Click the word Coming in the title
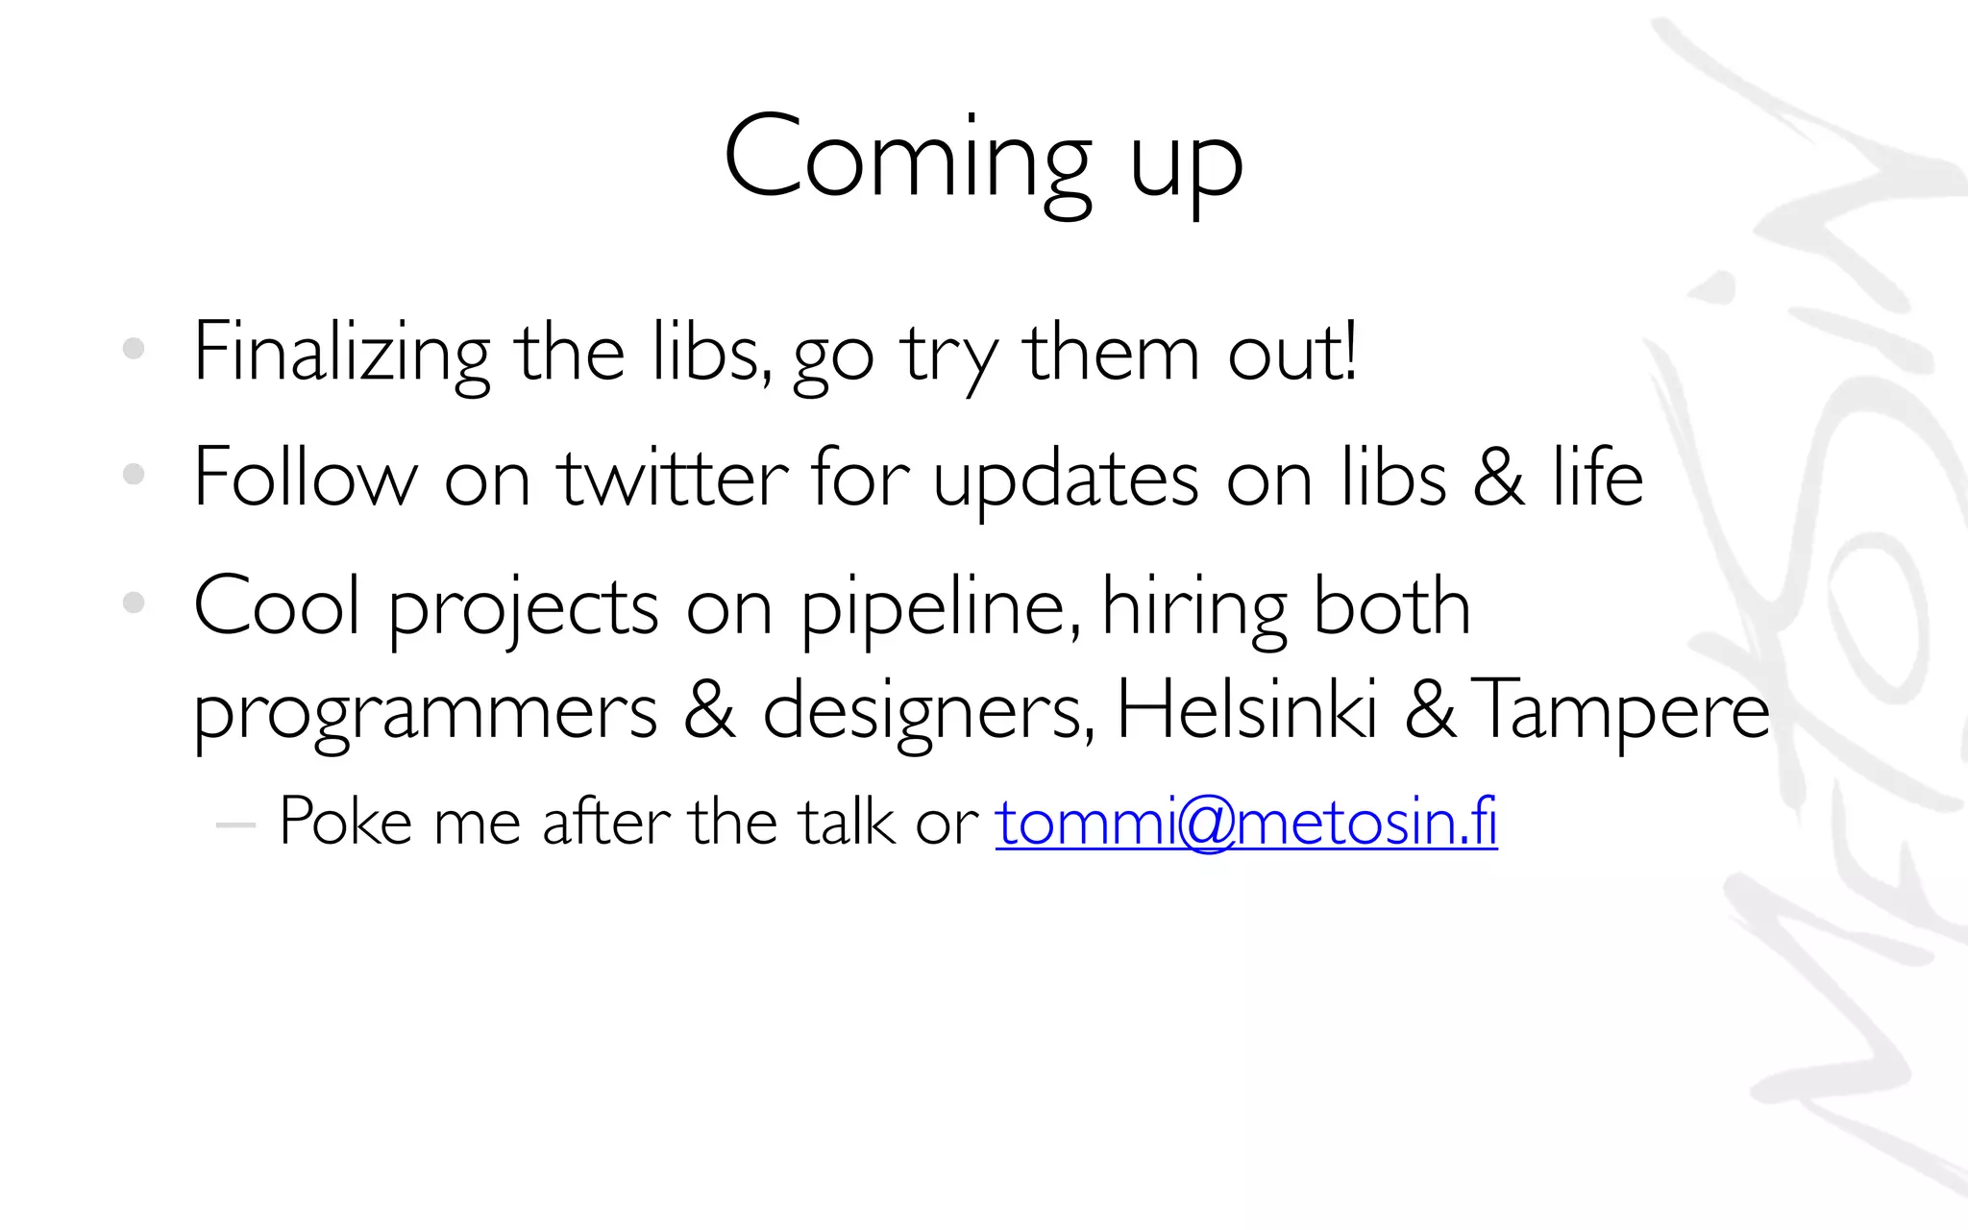pyautogui.click(x=907, y=159)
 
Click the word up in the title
pyautogui.click(x=1186, y=165)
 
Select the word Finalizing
pyautogui.click(x=342, y=354)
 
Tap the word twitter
pyautogui.click(x=674, y=478)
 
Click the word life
pyautogui.click(x=1597, y=478)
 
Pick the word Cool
pyautogui.click(x=278, y=605)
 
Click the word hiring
pyautogui.click(x=1193, y=609)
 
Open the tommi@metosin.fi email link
pyautogui.click(x=1246, y=823)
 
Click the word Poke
pyautogui.click(x=345, y=823)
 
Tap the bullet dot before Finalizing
pyautogui.click(x=134, y=349)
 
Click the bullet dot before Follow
pyautogui.click(x=134, y=474)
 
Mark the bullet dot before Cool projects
pyautogui.click(x=134, y=603)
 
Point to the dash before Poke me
pyautogui.click(x=235, y=824)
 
